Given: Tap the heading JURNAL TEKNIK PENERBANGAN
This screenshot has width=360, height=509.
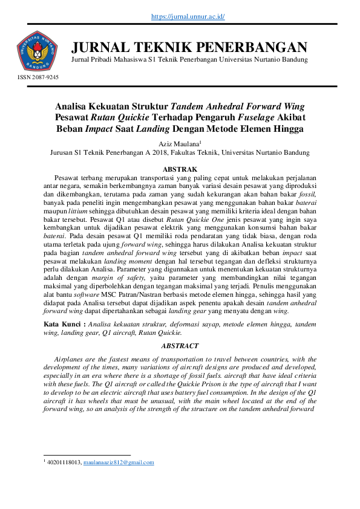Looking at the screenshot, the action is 189,47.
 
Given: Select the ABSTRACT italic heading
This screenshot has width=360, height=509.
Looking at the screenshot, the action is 180,346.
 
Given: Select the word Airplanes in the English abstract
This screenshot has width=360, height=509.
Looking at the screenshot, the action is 72,359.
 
